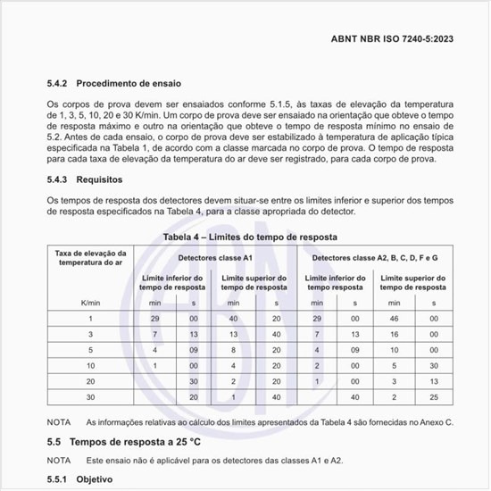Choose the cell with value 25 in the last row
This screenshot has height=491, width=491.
point(433,396)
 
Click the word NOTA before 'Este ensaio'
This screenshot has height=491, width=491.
point(60,461)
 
